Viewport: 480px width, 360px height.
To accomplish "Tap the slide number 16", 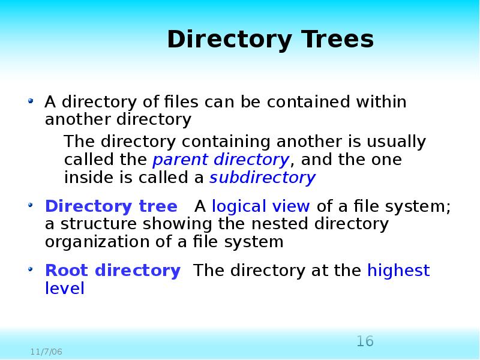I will [x=365, y=342].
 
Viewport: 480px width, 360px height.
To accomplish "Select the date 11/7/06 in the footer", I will [x=46, y=352].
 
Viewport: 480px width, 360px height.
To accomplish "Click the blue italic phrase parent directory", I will [x=221, y=160].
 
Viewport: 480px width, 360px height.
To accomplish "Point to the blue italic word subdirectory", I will [x=262, y=178].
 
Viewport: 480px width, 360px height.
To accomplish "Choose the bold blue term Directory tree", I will [x=111, y=207].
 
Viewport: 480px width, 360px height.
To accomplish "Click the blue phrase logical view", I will [x=261, y=207].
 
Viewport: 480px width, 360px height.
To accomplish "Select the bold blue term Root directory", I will [x=113, y=271].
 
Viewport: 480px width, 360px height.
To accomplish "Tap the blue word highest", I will [x=398, y=271].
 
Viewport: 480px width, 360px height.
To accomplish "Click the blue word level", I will [x=64, y=289].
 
